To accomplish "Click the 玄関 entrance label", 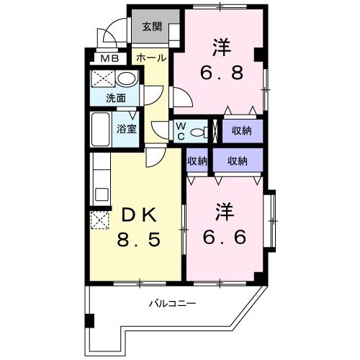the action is click(152, 27).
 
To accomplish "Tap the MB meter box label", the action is click(109, 58).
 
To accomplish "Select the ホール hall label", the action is click(151, 58).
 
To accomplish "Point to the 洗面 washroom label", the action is click(116, 98).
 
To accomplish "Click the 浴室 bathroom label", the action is click(127, 129).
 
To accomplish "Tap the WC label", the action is click(181, 131).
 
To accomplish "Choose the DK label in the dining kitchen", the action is click(139, 215).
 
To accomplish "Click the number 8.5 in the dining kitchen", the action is click(138, 240).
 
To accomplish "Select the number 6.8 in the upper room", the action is click(222, 73).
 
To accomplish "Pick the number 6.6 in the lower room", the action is click(225, 237).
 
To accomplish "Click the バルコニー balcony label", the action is click(173, 304).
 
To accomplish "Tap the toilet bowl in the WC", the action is click(199, 132).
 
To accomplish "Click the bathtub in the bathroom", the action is click(101, 130).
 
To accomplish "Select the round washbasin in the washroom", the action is click(127, 78).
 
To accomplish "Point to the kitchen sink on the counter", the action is click(102, 194).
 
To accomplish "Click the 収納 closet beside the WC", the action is click(243, 131).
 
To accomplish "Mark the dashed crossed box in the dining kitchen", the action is click(99, 220).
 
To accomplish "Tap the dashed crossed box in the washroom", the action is click(103, 78).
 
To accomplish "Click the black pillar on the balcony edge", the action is click(90, 321).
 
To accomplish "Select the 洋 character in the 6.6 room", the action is click(225, 212).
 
